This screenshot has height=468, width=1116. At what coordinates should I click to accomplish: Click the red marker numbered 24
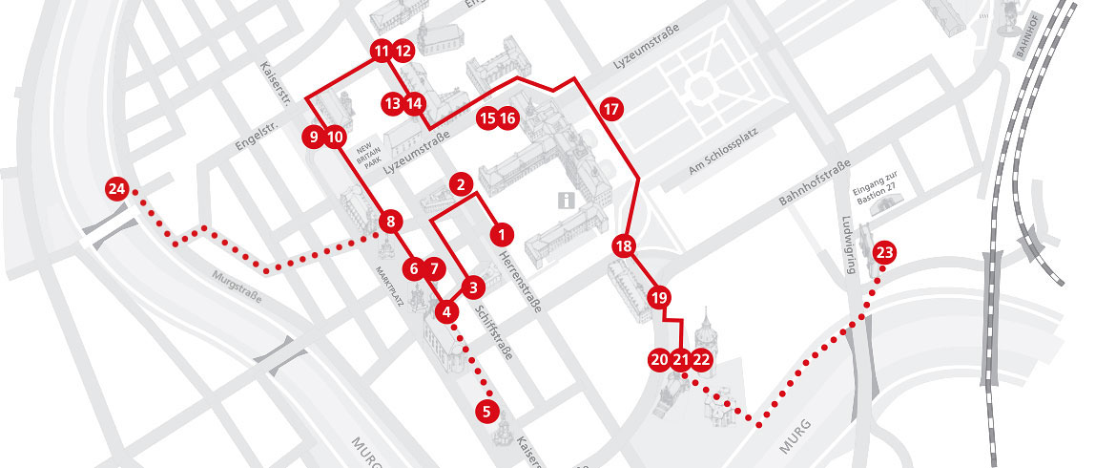pos(117,189)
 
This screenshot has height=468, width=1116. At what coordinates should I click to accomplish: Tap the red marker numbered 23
pos(884,253)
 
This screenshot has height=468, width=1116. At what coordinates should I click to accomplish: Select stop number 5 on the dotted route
pos(486,413)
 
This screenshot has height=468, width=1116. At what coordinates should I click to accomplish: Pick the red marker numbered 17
pos(611,109)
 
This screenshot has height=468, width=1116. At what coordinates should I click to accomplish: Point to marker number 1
pos(499,232)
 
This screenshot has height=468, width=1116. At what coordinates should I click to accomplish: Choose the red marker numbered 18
pos(624,246)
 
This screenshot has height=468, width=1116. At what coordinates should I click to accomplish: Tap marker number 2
pos(461,183)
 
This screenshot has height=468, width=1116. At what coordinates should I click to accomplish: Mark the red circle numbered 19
pos(658,298)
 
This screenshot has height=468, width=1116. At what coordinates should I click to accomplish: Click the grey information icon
pos(566,201)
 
